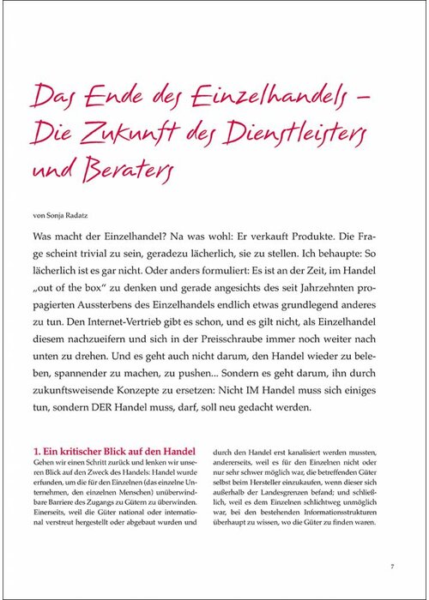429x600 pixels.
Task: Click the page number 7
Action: (391, 567)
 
